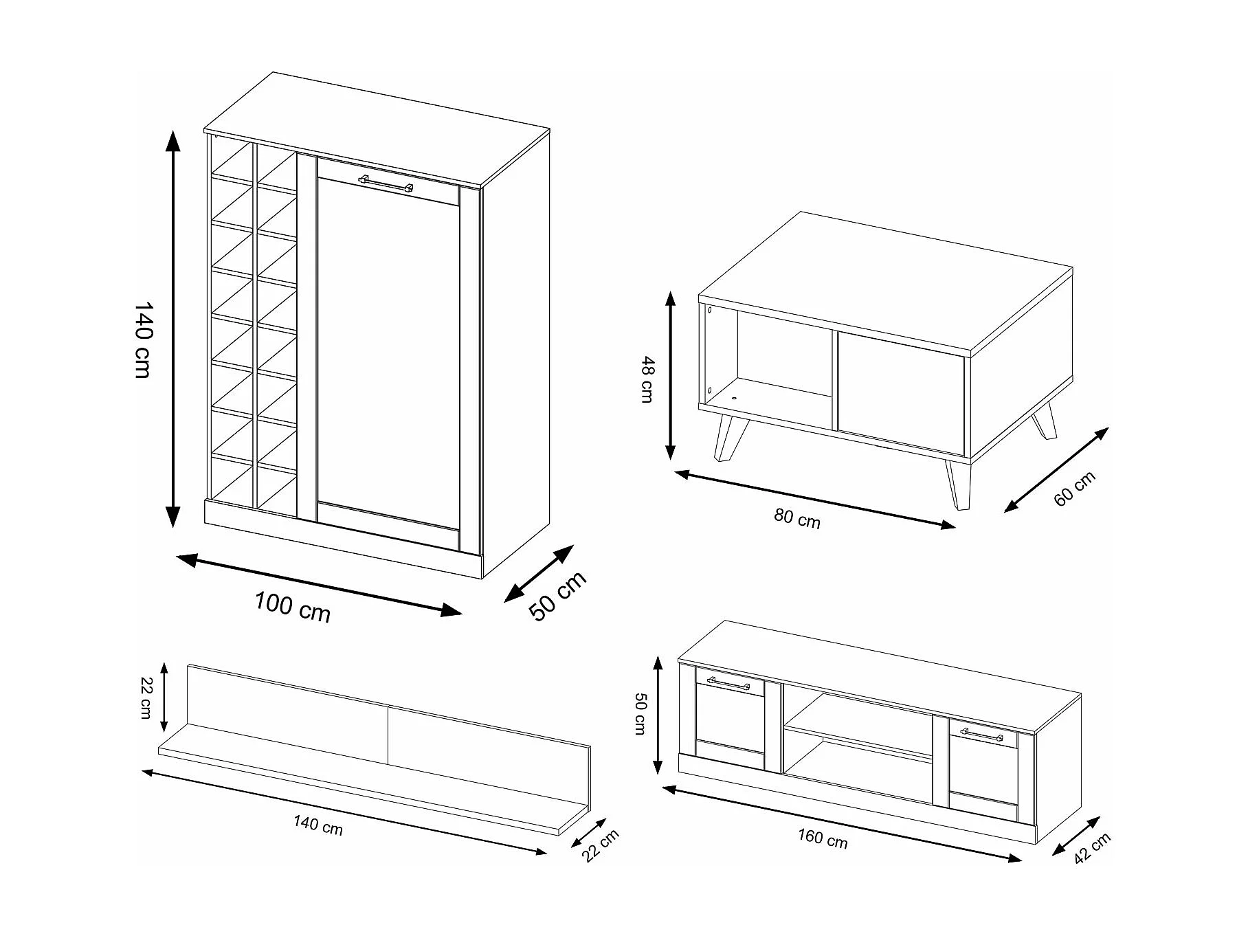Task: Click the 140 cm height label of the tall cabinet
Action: [x=142, y=339]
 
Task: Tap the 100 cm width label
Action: [x=293, y=607]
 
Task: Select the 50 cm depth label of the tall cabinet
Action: [x=558, y=596]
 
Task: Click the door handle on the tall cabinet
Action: [x=386, y=183]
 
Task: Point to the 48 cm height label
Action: [x=647, y=379]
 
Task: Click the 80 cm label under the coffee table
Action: [x=797, y=518]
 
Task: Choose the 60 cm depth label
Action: [x=1074, y=489]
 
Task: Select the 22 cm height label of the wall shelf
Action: [x=146, y=698]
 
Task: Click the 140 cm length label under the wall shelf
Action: [x=318, y=825]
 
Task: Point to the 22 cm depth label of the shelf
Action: [x=600, y=845]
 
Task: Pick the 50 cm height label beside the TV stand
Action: [x=640, y=714]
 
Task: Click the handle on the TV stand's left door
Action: [x=728, y=683]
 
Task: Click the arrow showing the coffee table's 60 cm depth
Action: [x=1056, y=470]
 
